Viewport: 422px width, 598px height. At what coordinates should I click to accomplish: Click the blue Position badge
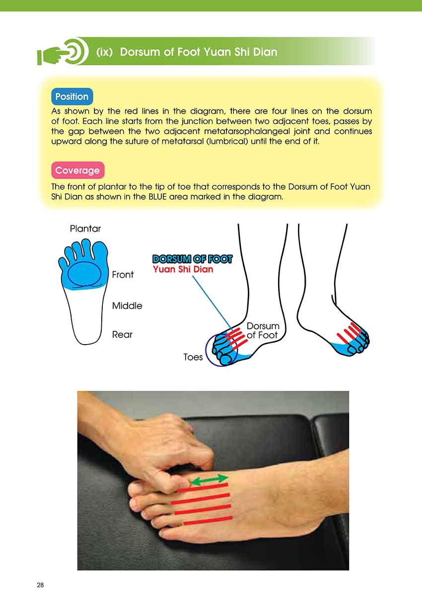click(72, 96)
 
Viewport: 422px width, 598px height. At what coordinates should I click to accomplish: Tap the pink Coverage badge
click(78, 170)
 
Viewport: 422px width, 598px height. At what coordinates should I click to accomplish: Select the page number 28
click(40, 585)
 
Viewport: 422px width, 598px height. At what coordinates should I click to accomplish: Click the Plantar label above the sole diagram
click(85, 229)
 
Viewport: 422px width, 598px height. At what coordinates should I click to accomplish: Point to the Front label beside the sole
click(123, 274)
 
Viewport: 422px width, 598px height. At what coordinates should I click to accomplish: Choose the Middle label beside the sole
click(127, 305)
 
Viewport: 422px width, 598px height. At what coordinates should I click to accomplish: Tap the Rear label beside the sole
click(122, 335)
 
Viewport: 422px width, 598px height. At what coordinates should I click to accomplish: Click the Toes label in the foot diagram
click(193, 357)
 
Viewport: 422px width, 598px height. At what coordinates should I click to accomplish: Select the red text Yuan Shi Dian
click(183, 269)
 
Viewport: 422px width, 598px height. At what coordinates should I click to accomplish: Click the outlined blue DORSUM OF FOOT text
click(193, 259)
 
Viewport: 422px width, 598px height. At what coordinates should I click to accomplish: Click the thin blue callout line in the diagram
click(212, 302)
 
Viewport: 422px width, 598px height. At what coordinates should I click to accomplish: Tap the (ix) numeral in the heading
click(104, 52)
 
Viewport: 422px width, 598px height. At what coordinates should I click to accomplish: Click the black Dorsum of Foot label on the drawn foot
click(263, 331)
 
